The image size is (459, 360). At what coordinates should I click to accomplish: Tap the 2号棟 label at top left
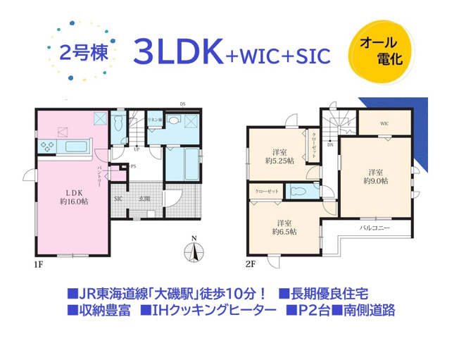click(x=79, y=54)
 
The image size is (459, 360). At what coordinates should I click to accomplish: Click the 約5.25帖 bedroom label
click(x=280, y=156)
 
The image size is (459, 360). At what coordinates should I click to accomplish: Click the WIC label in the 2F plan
click(x=384, y=124)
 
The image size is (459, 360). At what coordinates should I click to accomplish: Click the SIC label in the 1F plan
click(x=118, y=199)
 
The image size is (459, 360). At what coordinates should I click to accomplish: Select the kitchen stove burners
click(x=47, y=147)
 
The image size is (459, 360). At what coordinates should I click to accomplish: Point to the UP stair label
click(x=136, y=149)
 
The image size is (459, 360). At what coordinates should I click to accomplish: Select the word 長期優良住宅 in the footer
click(x=339, y=292)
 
